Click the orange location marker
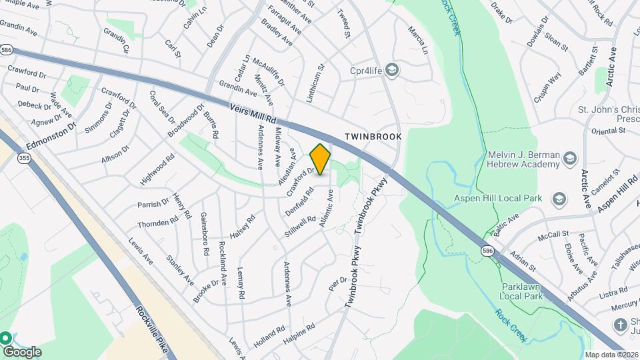click(320, 159)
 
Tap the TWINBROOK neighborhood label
click(373, 136)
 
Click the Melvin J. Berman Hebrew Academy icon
click(569, 159)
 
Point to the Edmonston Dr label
click(52, 134)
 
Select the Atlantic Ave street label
click(326, 209)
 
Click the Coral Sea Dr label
click(162, 107)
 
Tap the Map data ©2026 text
click(611, 355)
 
